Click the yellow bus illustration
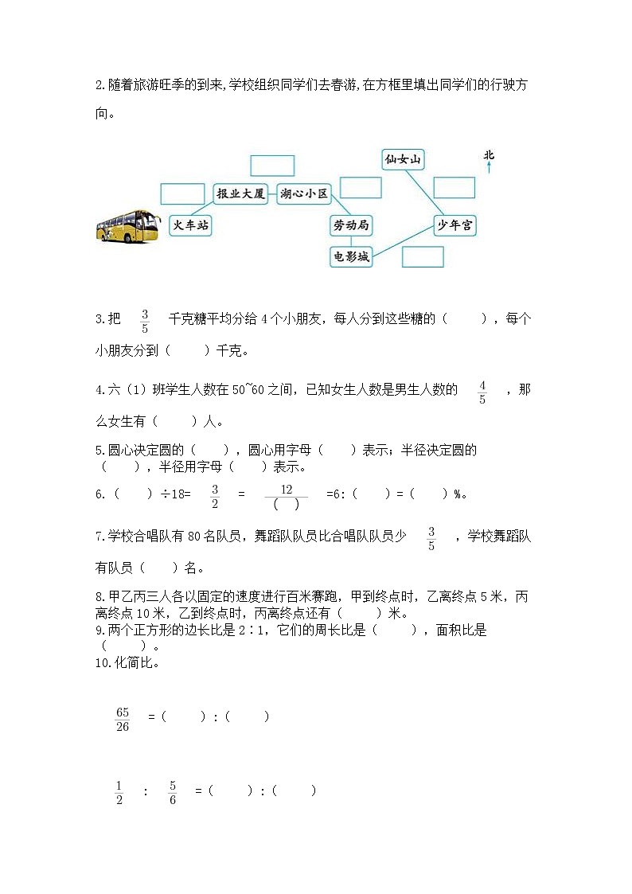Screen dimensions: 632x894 click(x=127, y=225)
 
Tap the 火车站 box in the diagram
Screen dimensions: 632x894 click(x=191, y=225)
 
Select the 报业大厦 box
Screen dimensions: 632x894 click(x=241, y=193)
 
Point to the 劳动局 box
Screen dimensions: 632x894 click(x=351, y=225)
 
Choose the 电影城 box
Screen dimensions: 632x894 click(x=351, y=256)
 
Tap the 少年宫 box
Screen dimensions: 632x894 click(x=455, y=225)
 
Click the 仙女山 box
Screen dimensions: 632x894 click(x=402, y=160)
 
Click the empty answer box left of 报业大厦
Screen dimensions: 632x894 click(x=182, y=193)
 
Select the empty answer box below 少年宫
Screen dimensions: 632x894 click(x=423, y=256)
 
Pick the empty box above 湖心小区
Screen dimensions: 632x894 click(x=272, y=166)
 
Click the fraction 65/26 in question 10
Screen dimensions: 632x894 click(x=123, y=718)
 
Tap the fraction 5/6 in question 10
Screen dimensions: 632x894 click(x=173, y=792)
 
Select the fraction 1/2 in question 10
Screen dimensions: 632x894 click(x=119, y=792)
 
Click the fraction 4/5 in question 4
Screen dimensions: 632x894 click(x=482, y=392)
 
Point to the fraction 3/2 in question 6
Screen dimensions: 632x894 click(x=214, y=495)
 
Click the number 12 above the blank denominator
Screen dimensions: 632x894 click(x=286, y=489)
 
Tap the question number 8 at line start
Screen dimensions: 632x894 click(x=98, y=595)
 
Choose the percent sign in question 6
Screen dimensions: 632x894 click(x=458, y=494)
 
